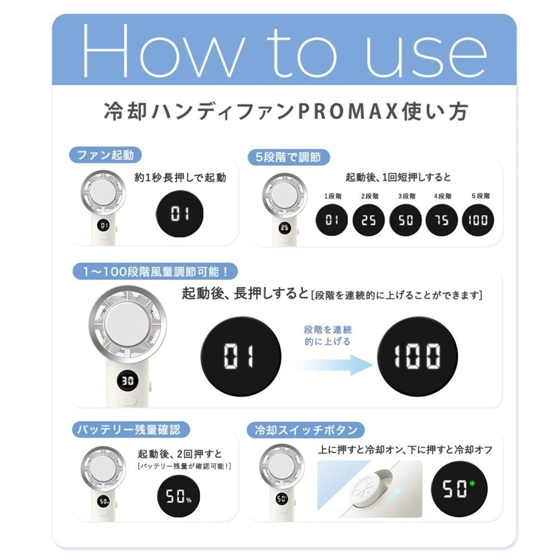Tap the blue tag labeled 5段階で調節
click(288, 157)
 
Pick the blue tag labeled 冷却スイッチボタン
click(306, 430)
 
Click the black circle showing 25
click(368, 220)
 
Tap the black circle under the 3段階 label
click(405, 220)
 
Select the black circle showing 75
click(442, 220)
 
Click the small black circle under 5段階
click(478, 220)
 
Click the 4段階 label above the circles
click(442, 196)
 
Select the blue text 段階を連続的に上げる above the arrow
click(329, 335)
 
